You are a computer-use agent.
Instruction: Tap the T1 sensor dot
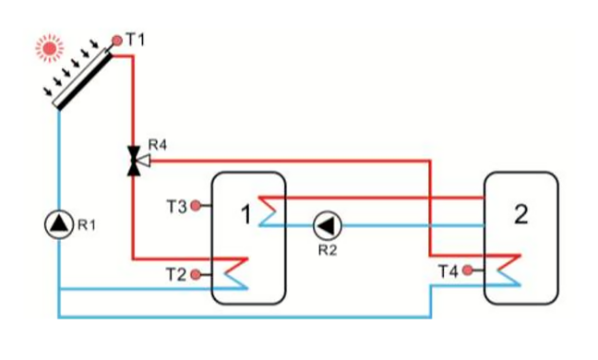click(117, 41)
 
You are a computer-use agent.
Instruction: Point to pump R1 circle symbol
click(58, 222)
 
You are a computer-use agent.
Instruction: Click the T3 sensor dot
click(195, 206)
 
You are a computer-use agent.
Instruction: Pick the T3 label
click(175, 206)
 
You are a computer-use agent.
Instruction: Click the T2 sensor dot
click(195, 274)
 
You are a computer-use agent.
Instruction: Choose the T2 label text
click(175, 274)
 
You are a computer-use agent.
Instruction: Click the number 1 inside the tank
click(245, 215)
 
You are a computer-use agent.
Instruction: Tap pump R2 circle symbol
click(326, 223)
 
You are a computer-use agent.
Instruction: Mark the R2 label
click(326, 249)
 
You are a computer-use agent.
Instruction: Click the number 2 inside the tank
click(521, 215)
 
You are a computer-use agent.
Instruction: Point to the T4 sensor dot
click(469, 270)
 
